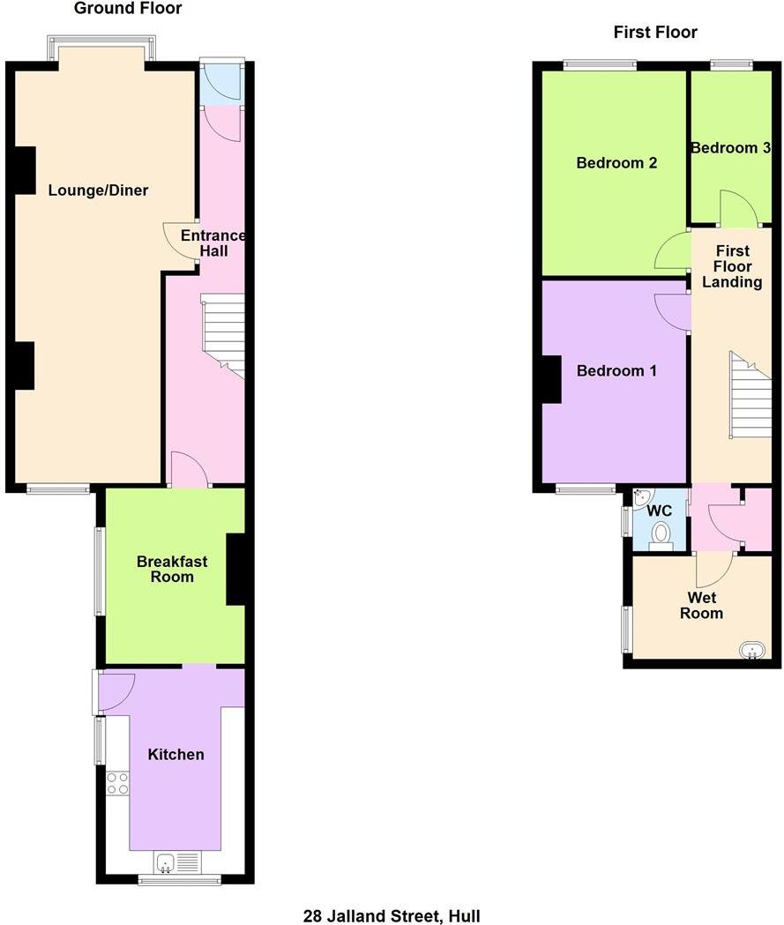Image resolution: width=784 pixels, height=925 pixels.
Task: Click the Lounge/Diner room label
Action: pos(98,190)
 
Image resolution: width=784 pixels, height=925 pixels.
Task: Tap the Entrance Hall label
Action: pos(213,243)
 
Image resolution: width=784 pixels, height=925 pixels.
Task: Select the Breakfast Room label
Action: pos(172,569)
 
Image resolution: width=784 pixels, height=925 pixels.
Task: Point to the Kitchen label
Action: pos(175,754)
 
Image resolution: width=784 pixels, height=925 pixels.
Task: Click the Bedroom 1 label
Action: pos(616,371)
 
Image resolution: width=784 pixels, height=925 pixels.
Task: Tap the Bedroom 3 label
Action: pos(730,148)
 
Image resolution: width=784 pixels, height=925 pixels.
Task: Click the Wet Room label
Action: pos(702,606)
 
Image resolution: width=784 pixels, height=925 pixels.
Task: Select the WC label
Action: pos(660,511)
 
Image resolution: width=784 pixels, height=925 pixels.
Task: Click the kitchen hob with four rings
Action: pos(117,784)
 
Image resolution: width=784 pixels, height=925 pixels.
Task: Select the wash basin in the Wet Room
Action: pos(751,651)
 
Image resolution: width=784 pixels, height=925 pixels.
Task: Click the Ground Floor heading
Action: pos(128,9)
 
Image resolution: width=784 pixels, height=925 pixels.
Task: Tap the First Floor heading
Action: pos(655,33)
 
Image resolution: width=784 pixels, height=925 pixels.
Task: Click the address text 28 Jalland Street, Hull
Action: pos(392,916)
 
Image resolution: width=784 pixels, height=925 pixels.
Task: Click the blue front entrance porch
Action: pos(221,84)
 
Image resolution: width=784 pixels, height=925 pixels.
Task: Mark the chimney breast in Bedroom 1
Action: pos(551,379)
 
